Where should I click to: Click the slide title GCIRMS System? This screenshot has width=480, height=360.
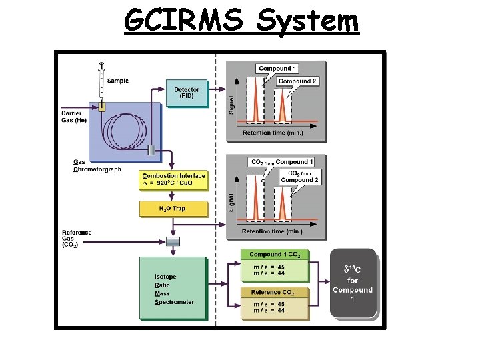(x=241, y=21)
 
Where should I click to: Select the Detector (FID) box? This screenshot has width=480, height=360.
(x=187, y=93)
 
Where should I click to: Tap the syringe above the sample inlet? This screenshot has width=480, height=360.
(x=101, y=83)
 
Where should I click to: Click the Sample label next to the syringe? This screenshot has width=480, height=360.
(x=117, y=81)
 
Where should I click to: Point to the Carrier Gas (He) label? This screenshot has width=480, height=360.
(x=74, y=117)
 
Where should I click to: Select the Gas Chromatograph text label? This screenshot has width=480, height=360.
(x=97, y=166)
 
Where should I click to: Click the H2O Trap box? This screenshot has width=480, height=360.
(x=173, y=209)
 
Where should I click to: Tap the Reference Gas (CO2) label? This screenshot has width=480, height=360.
(x=77, y=239)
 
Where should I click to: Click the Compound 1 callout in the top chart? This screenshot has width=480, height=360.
(x=278, y=69)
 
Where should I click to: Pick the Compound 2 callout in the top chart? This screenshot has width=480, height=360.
(x=297, y=81)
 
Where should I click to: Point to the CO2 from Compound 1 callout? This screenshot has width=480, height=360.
(x=282, y=162)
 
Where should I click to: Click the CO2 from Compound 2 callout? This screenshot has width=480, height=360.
(x=299, y=177)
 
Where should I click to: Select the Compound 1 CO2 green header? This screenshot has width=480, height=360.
(x=275, y=255)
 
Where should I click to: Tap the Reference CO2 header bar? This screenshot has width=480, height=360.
(x=275, y=292)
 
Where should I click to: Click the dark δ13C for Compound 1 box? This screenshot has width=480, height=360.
(x=353, y=284)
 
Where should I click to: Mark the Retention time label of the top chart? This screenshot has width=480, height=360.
(x=273, y=133)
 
